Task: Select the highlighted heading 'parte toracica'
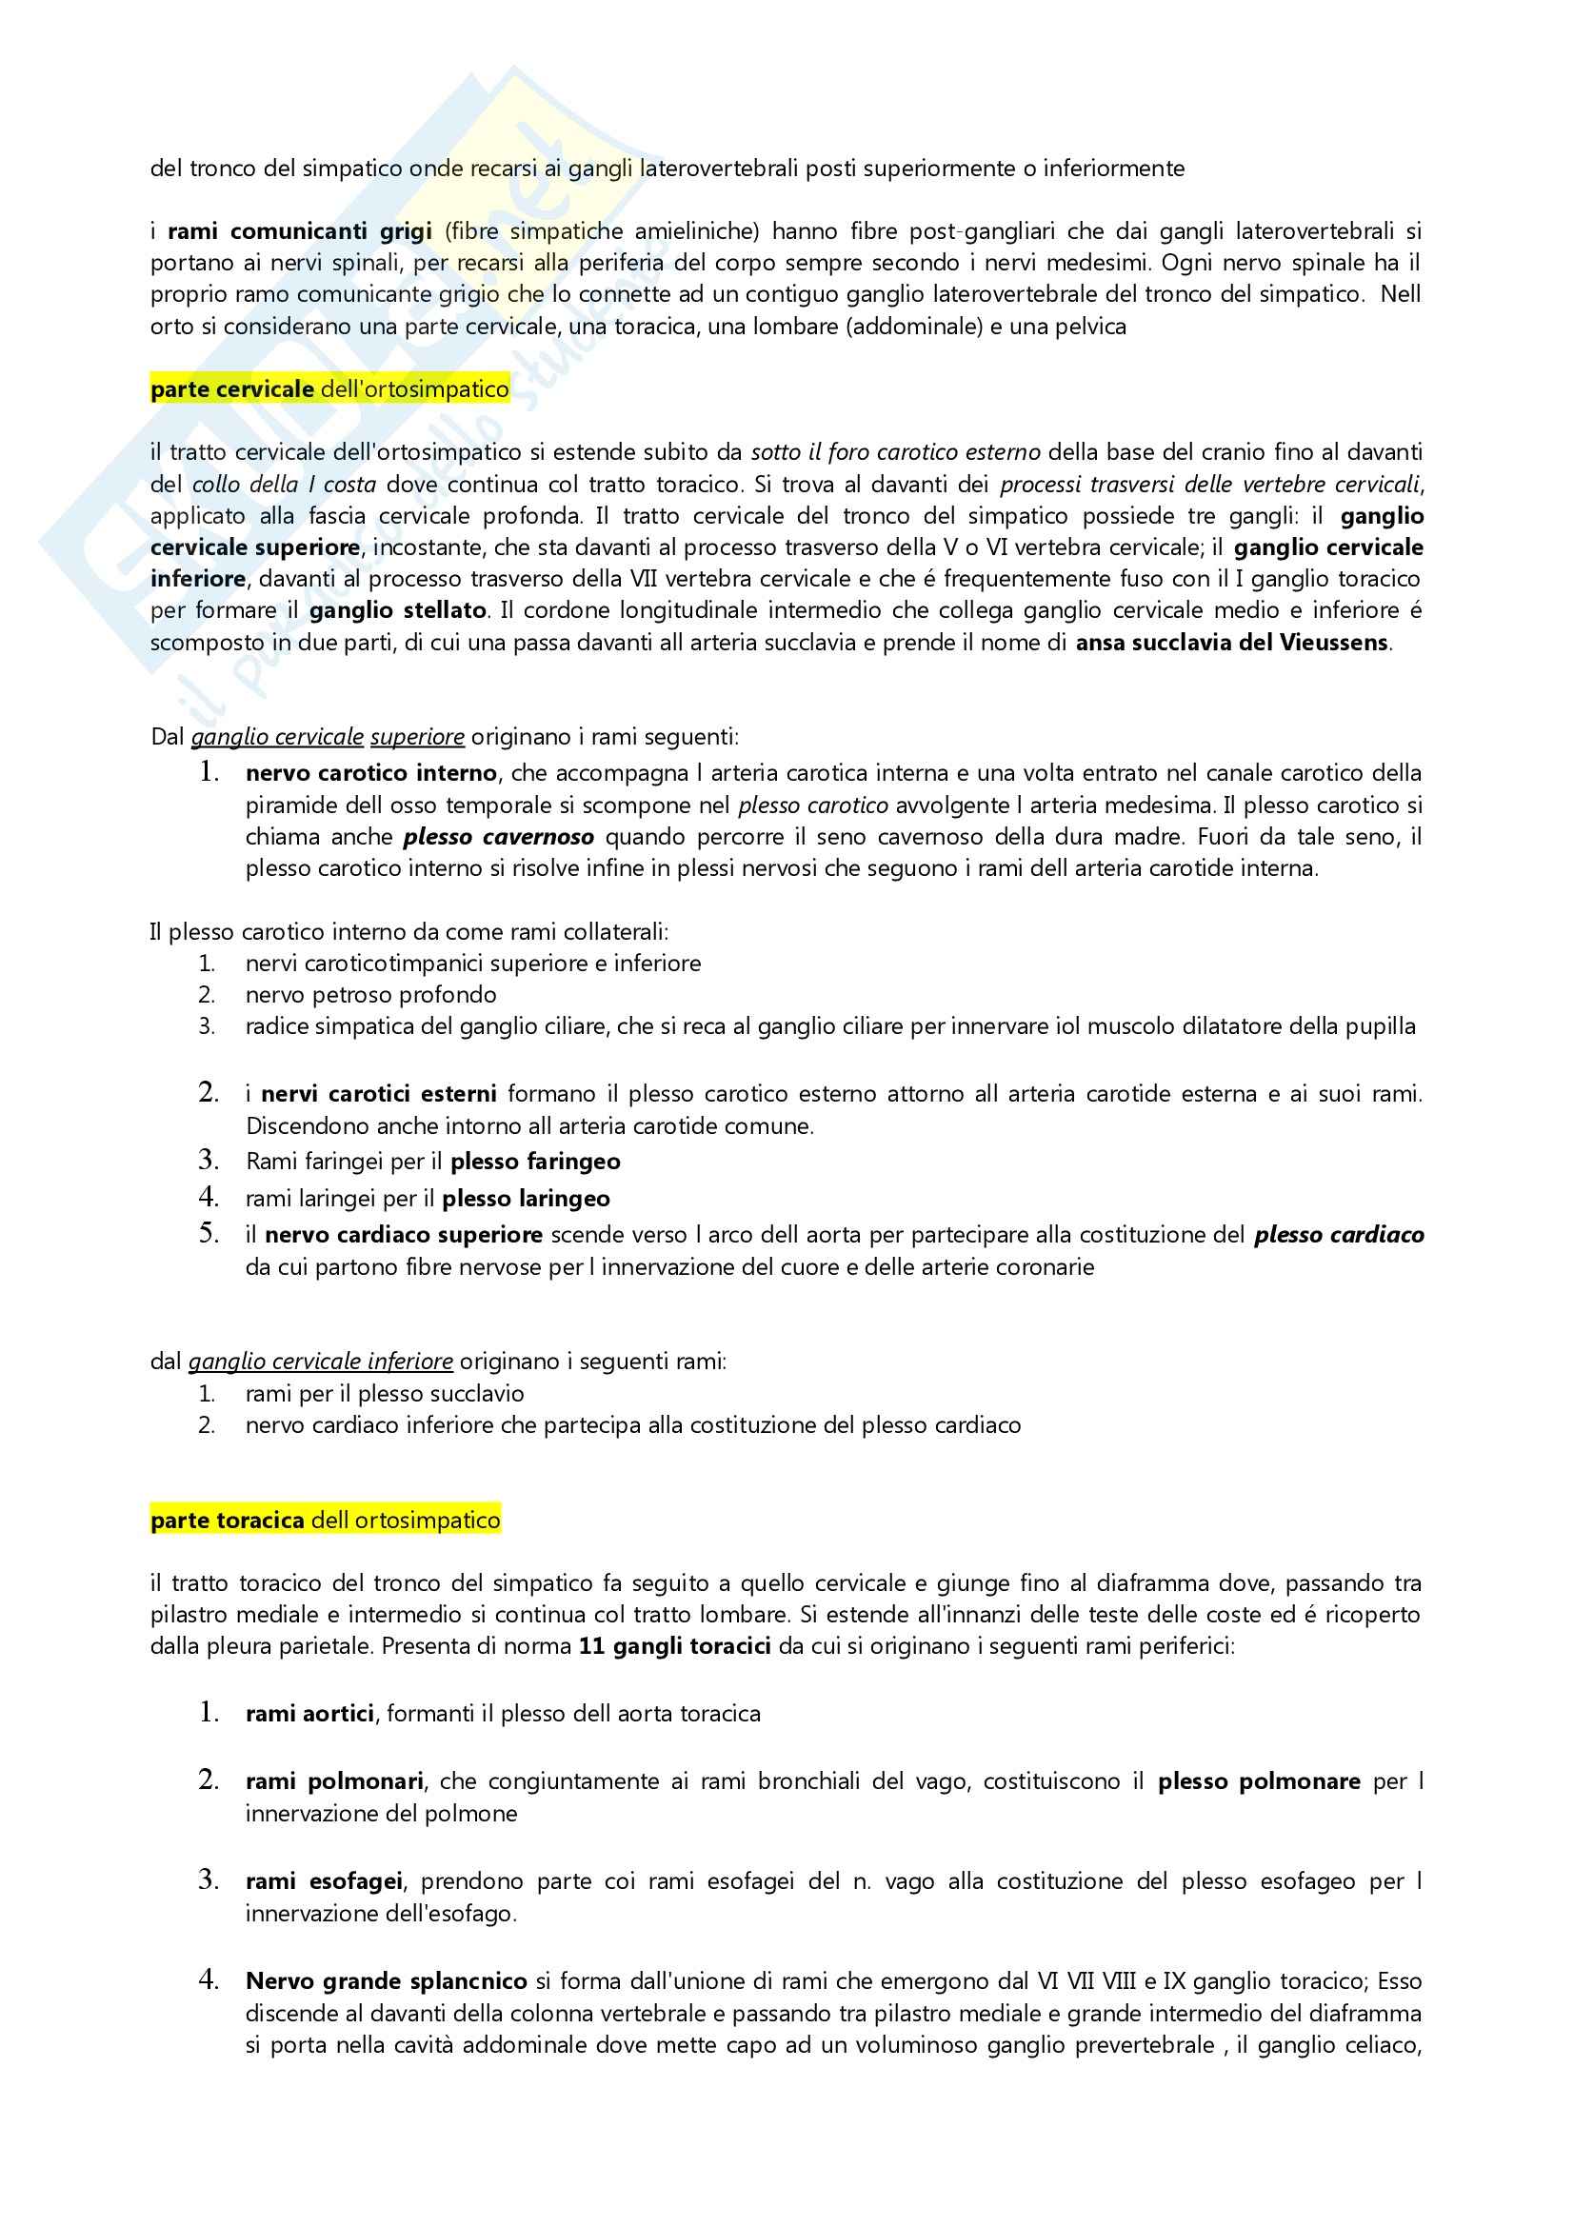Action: tap(228, 1520)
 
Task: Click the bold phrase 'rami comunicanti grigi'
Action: tap(300, 230)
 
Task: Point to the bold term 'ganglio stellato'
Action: tap(398, 610)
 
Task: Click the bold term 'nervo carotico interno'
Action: tap(371, 773)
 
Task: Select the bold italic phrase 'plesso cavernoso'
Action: tap(499, 836)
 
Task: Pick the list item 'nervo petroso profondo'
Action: tap(370, 994)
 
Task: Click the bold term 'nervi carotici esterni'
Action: tap(379, 1094)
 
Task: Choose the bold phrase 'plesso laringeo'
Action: tap(527, 1199)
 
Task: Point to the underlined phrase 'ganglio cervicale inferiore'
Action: tap(320, 1361)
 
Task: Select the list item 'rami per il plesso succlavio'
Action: tap(384, 1394)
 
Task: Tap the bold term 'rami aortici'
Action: tap(309, 1714)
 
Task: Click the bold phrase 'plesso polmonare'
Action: tap(1259, 1781)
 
